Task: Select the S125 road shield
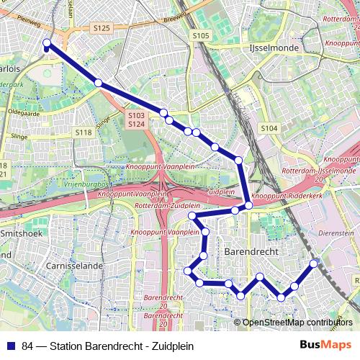[x=102, y=28]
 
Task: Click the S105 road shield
[x=200, y=35]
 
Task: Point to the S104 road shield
[x=269, y=128]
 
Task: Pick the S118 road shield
[x=84, y=132]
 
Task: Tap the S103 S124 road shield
[x=136, y=120]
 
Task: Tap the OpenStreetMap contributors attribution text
[x=297, y=323]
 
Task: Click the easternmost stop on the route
[x=314, y=264]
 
